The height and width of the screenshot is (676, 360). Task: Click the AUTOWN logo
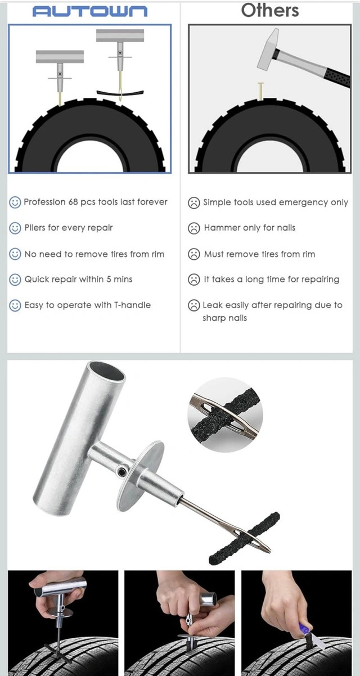tap(90, 11)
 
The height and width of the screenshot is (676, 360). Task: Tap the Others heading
tap(270, 10)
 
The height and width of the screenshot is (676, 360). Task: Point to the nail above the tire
tap(260, 91)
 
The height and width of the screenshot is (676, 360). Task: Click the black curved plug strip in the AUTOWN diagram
tap(120, 93)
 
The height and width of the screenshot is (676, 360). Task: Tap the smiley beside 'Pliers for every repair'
tap(15, 228)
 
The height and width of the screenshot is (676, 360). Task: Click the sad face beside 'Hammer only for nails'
tap(193, 228)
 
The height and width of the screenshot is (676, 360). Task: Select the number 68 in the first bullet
tap(73, 202)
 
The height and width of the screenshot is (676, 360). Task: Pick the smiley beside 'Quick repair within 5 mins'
tap(15, 280)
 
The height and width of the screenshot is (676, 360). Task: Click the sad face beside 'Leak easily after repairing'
tap(193, 305)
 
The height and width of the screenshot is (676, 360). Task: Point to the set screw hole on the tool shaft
tap(122, 471)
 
